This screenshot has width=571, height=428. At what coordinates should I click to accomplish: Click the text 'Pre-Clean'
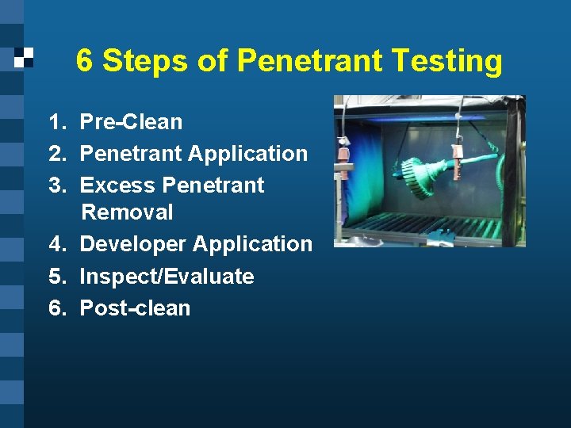pos(132,122)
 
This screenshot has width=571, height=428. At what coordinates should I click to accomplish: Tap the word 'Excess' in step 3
pos(117,185)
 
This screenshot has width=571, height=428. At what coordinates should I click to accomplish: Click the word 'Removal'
pos(127,212)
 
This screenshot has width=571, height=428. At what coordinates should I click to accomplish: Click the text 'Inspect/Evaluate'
pos(167,277)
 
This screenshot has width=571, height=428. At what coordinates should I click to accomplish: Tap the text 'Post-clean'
pos(136,308)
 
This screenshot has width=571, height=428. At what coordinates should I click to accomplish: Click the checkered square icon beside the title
pos(24,57)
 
